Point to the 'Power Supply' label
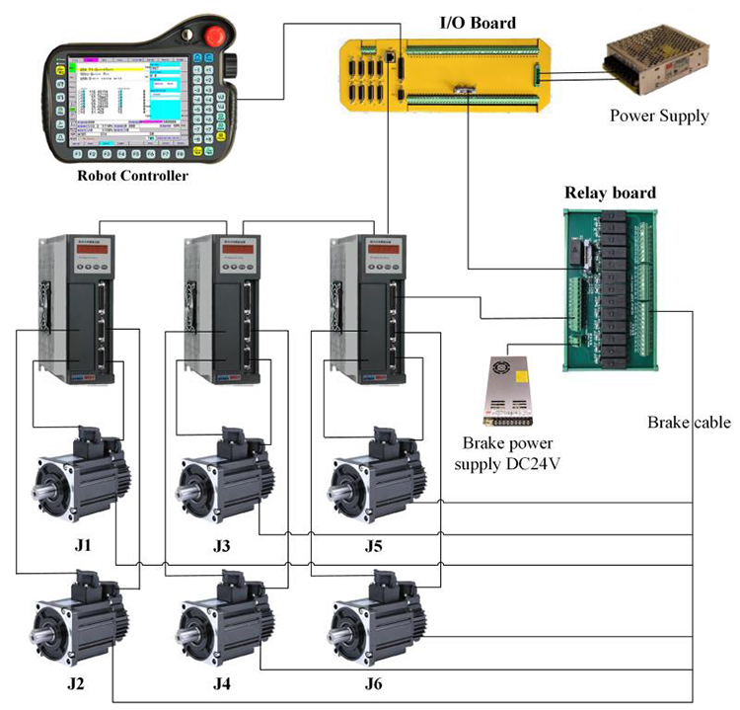[x=658, y=116]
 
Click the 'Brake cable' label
[x=689, y=422]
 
